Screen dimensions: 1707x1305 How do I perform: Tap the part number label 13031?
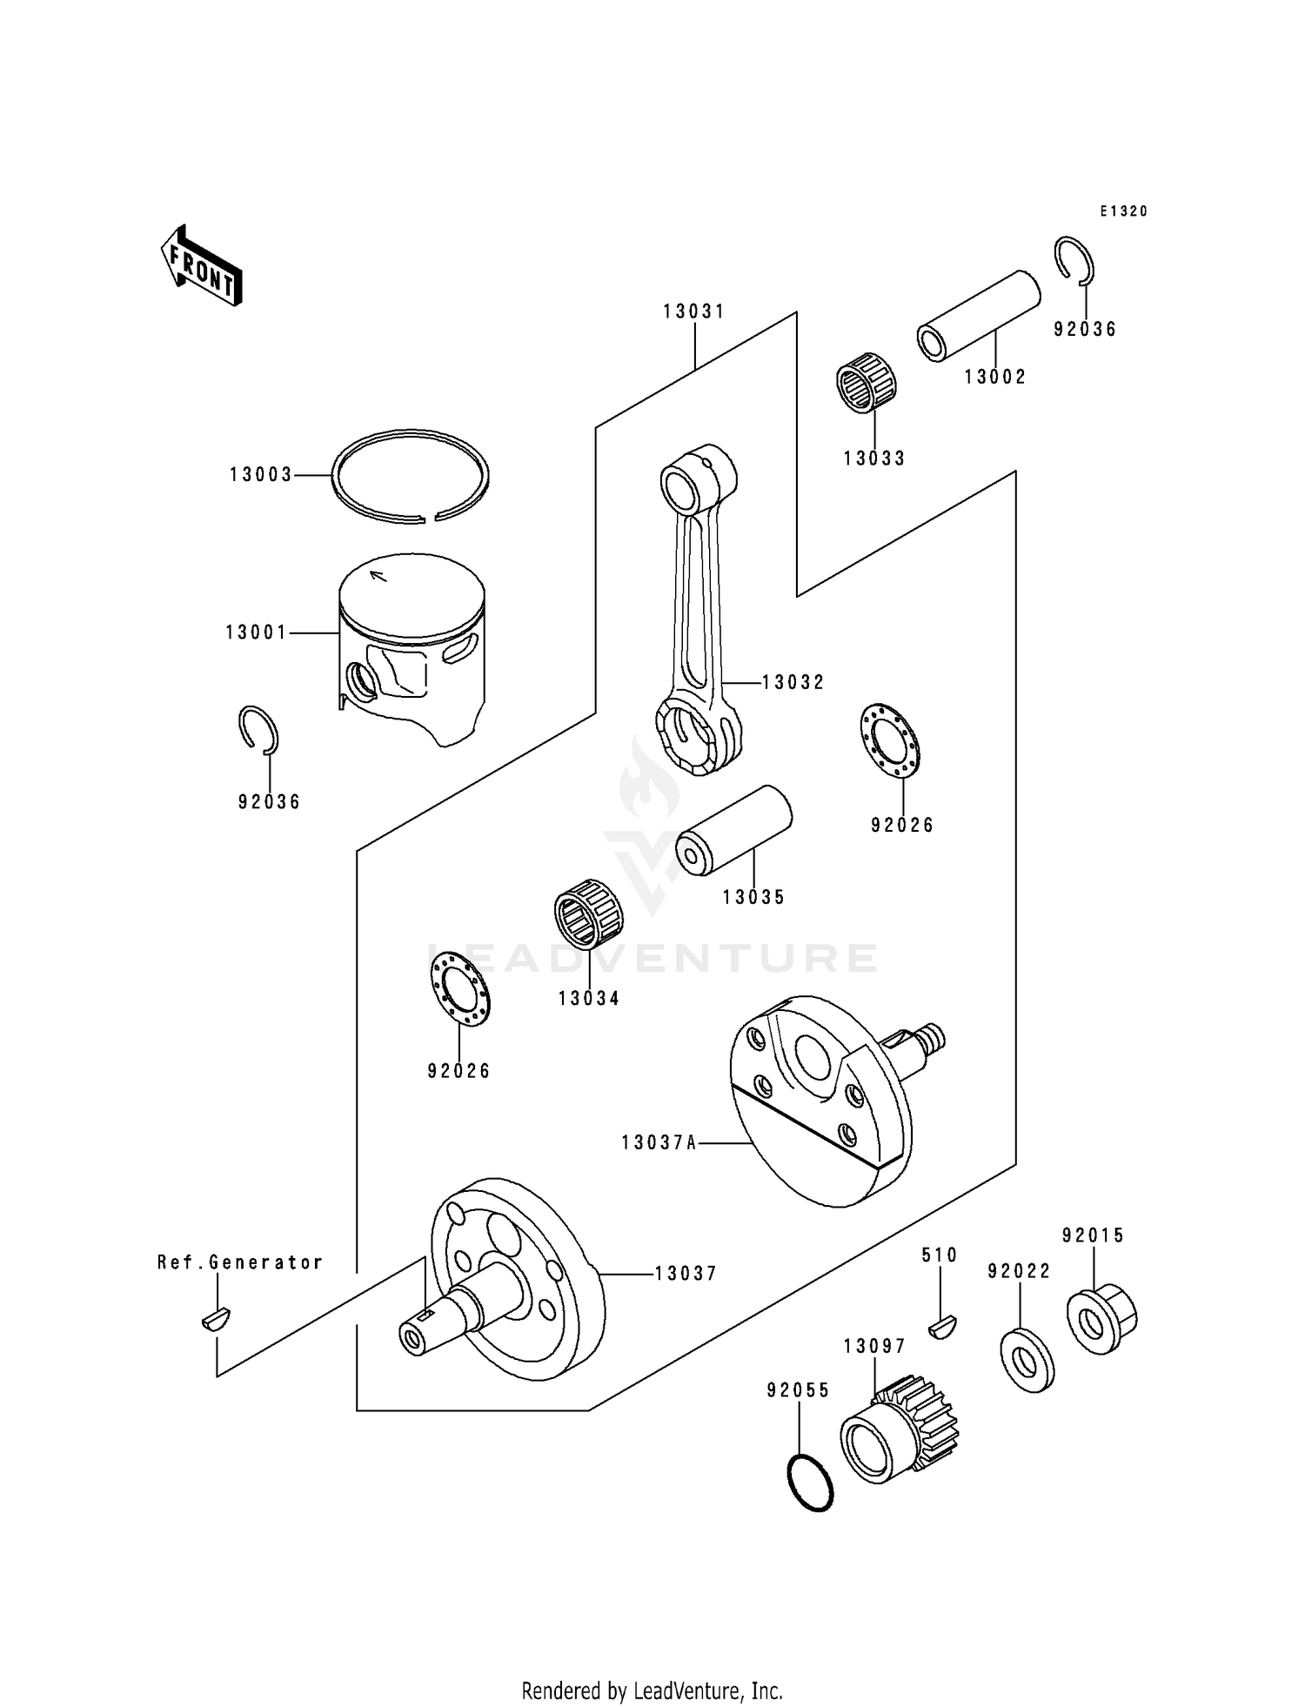[x=693, y=311]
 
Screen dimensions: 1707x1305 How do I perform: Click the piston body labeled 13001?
[x=412, y=648]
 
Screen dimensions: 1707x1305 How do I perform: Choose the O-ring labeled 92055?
[x=810, y=1482]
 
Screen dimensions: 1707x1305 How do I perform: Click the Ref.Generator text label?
[x=240, y=1262]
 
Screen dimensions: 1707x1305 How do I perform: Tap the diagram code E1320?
[x=1123, y=211]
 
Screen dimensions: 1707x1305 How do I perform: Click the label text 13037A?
[x=659, y=1142]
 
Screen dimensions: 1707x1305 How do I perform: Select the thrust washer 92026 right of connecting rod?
[x=893, y=740]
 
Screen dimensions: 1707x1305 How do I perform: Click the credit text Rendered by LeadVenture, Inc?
[x=652, y=1690]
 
